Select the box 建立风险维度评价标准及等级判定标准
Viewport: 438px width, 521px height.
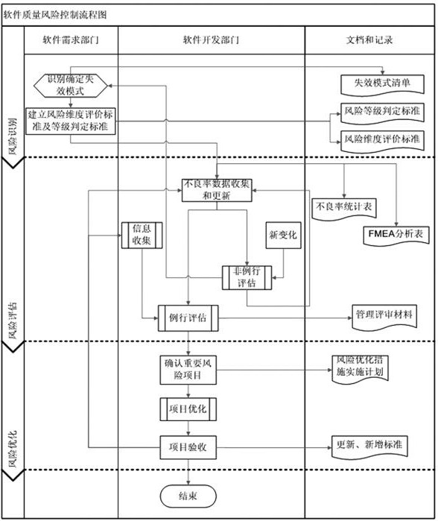tap(71, 120)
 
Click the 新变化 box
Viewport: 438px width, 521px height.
tap(283, 235)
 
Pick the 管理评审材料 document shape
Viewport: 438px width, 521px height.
tap(384, 316)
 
